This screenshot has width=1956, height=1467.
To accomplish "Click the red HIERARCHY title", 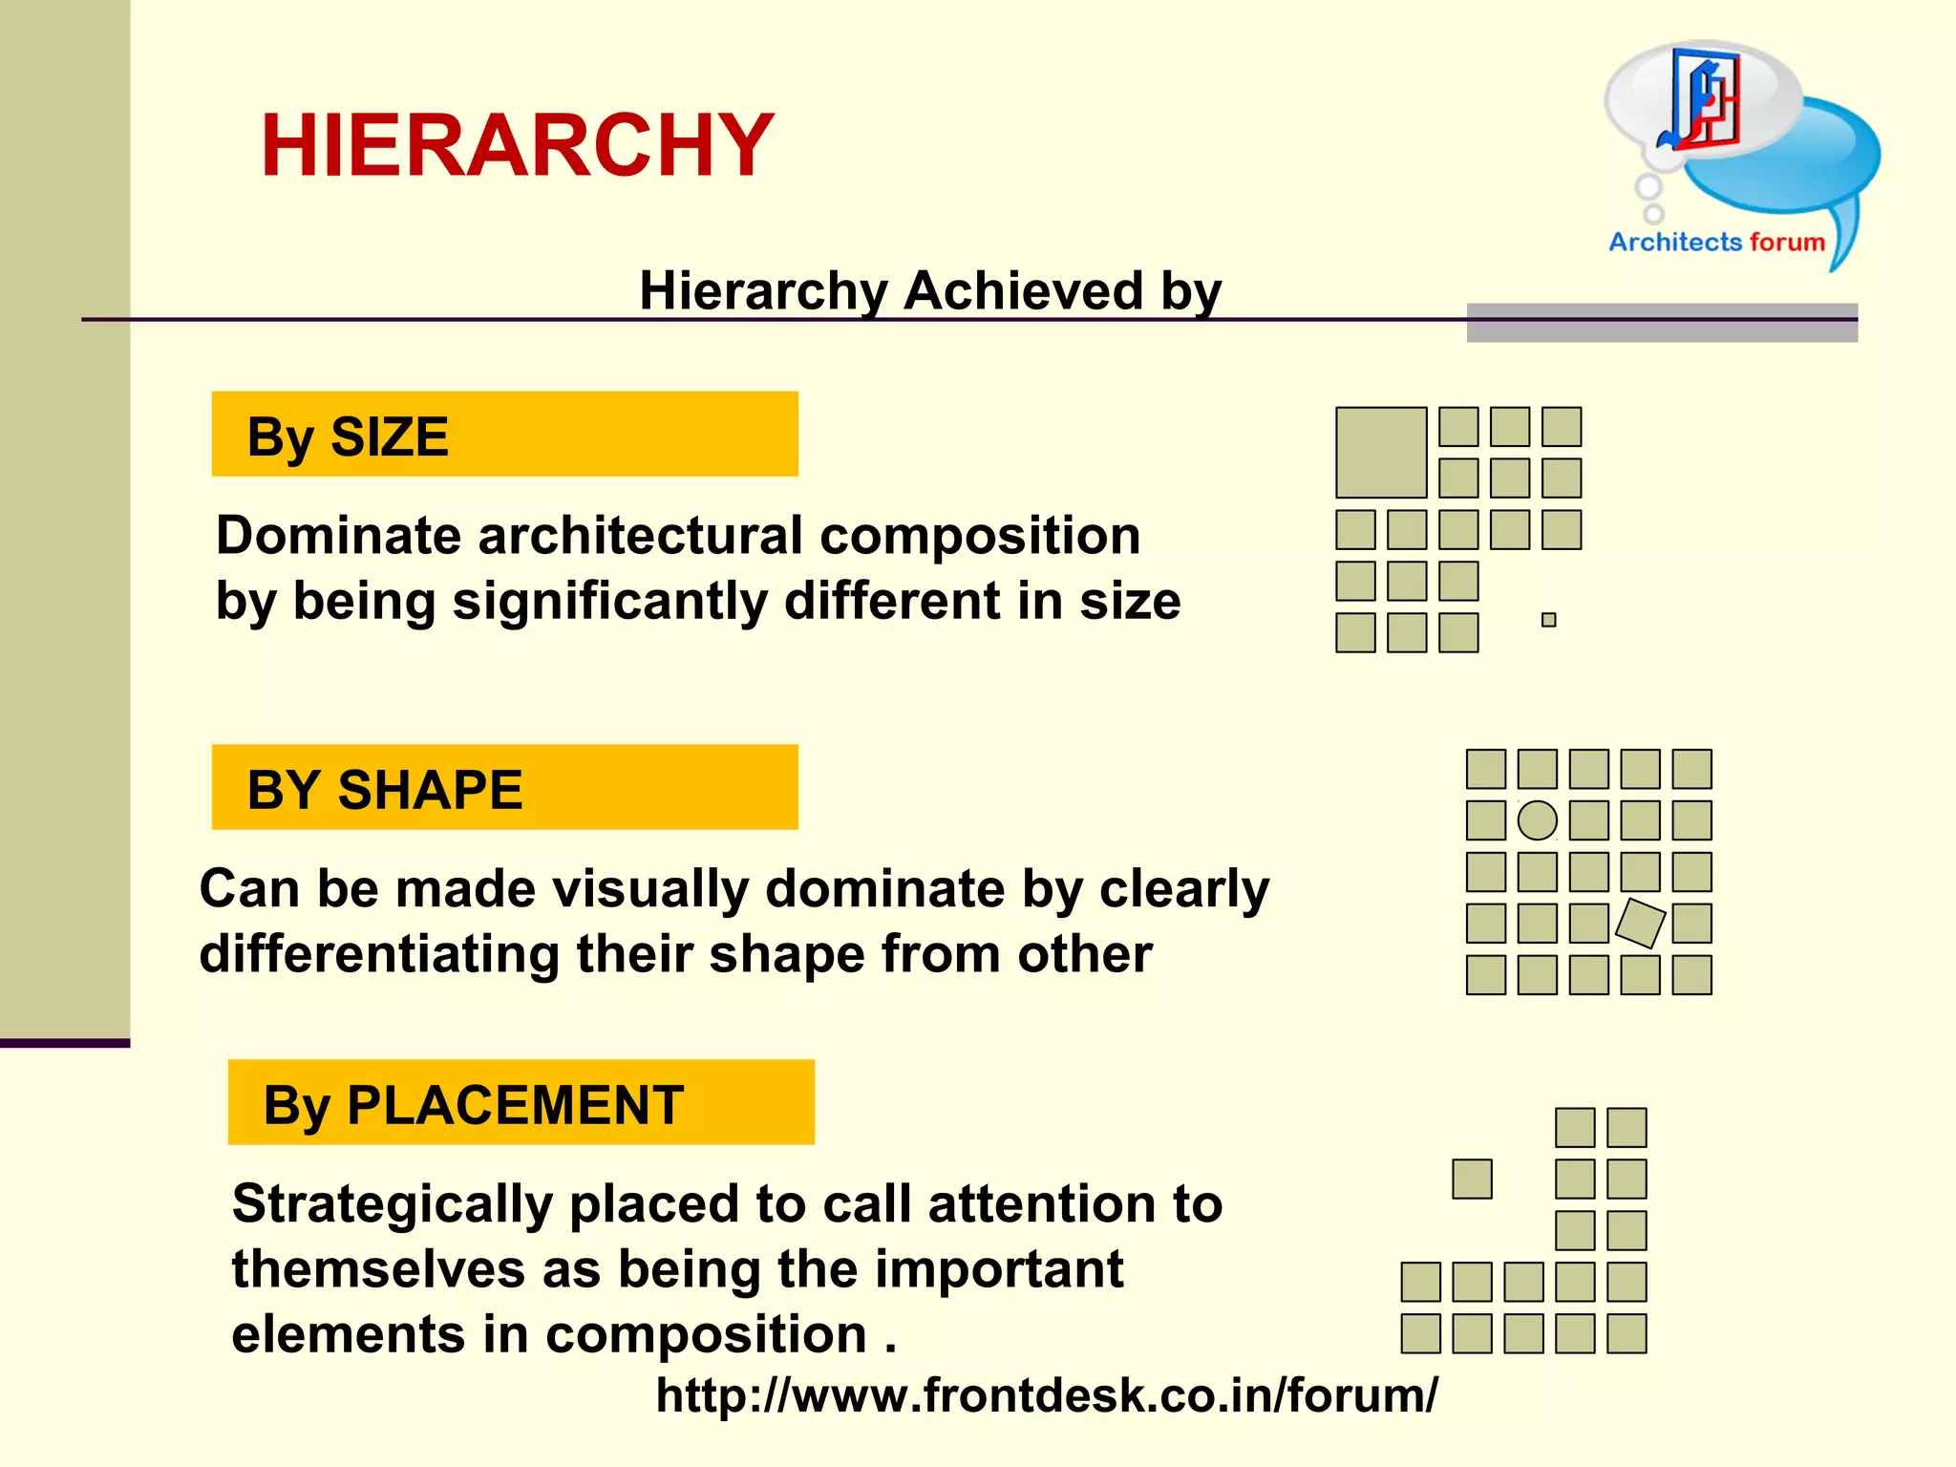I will [517, 146].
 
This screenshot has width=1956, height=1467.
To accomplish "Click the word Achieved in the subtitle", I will [1023, 290].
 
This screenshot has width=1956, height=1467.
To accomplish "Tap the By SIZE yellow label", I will [504, 435].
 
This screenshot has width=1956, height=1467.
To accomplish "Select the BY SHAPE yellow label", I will [504, 788].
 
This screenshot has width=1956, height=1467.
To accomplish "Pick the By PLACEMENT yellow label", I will [521, 1103].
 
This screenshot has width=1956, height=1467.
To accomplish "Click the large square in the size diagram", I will [1381, 453].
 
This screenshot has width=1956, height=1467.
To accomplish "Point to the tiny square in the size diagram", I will [1549, 620].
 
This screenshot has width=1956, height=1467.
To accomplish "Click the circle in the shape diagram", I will [1538, 820].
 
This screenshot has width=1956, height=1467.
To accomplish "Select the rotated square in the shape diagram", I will [1641, 924].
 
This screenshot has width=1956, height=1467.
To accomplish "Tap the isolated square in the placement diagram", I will [1472, 1180].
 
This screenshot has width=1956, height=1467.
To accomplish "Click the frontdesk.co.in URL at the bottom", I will [1046, 1395].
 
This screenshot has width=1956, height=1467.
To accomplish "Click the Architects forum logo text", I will [1716, 243].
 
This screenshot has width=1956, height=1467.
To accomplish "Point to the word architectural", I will [640, 536].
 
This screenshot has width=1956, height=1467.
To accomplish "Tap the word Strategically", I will [392, 1203].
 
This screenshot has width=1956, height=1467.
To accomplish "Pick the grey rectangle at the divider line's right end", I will [1662, 323].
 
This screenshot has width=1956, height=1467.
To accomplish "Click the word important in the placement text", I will [999, 1269].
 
